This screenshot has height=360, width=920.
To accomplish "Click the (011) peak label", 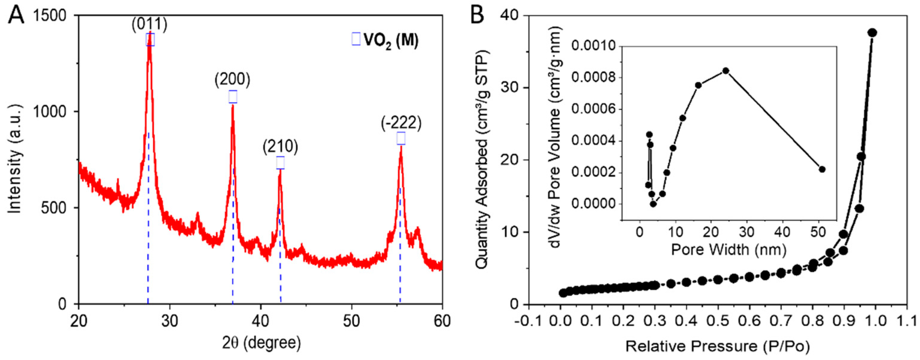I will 149,25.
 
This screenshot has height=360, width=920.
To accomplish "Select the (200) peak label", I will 232,80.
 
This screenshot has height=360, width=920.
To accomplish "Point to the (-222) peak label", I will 401,123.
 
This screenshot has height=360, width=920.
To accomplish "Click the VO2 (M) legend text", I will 391,40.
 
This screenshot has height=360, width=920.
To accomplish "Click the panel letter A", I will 16,16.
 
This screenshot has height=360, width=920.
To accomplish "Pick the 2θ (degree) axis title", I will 262,343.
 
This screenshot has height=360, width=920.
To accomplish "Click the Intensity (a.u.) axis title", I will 15,159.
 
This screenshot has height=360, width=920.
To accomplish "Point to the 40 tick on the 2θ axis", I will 260,320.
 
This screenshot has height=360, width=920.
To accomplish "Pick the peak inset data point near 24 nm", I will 722,71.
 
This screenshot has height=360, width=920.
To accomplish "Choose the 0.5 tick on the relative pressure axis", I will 718,320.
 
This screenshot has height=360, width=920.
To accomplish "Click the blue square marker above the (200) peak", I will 233,97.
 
